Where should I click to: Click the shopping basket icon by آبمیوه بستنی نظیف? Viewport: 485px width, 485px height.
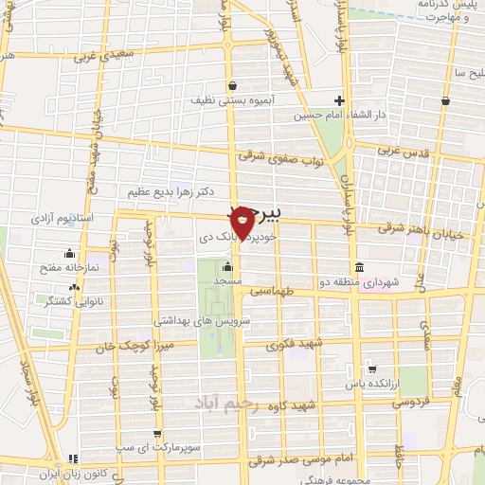(232, 85)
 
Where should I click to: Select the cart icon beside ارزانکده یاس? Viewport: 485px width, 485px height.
(372, 370)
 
